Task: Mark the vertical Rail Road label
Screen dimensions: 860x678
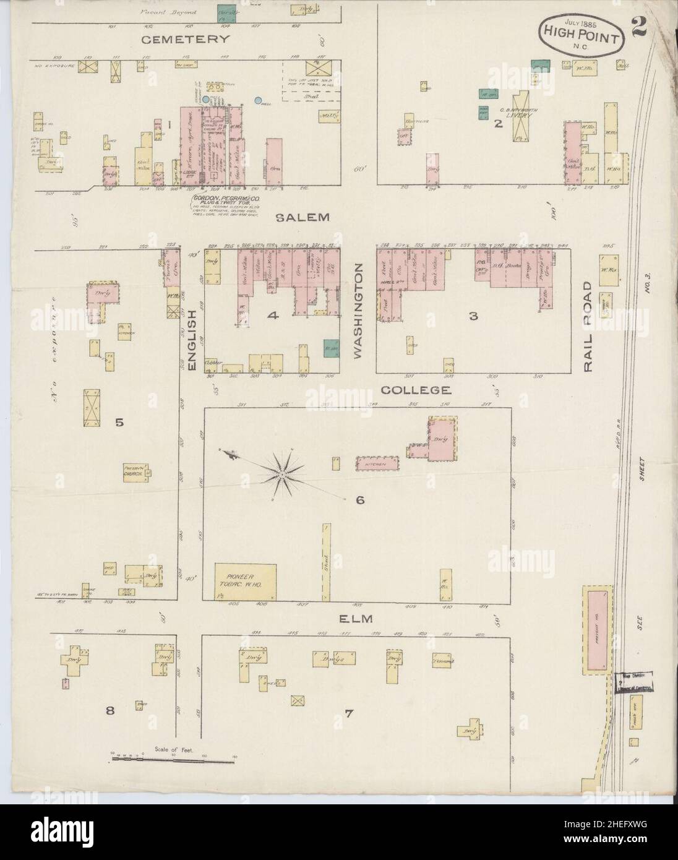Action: (588, 328)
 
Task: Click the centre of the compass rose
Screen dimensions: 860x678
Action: (281, 475)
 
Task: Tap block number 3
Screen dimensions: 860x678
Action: (473, 317)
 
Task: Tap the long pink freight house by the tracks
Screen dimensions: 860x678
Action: (598, 629)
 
